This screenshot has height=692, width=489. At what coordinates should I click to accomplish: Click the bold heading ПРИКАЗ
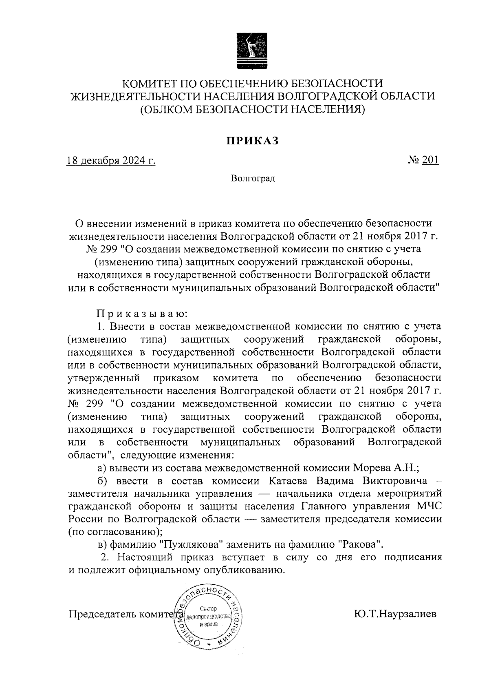click(x=253, y=141)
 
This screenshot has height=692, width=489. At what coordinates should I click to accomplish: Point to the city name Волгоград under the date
click(x=253, y=179)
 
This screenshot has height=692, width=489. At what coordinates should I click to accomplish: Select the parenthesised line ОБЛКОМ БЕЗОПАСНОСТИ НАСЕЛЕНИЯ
click(x=253, y=109)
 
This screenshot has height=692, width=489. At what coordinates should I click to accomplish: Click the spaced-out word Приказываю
click(x=141, y=314)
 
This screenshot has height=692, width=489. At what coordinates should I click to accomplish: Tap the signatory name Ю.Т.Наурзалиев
click(x=395, y=614)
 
